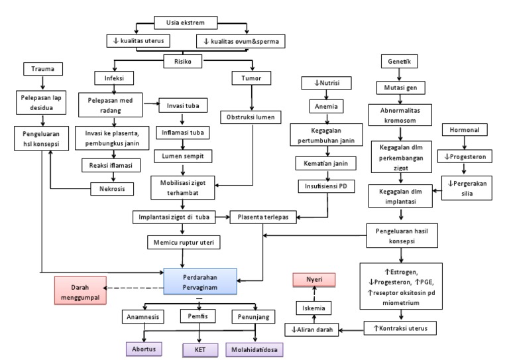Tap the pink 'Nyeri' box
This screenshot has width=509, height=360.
(315, 279)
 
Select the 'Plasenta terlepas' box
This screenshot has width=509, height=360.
(263, 217)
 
